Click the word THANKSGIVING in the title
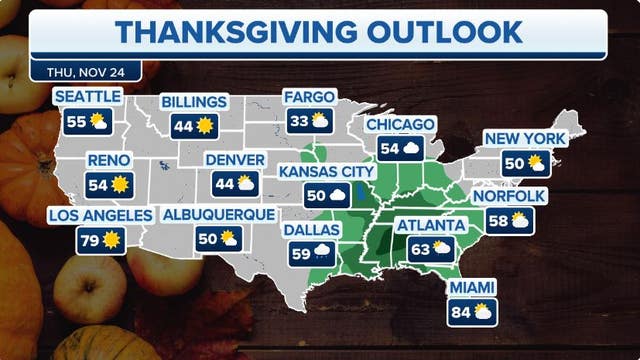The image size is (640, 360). tap(220, 32)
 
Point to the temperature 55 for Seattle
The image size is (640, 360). tap(76, 122)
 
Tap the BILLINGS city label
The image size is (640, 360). tap(194, 102)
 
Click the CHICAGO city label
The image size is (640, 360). tap(400, 125)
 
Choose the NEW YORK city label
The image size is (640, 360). tap(524, 138)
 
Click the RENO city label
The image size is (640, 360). tap(104, 159)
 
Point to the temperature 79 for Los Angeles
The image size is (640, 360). tap(88, 241)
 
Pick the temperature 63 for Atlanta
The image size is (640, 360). tap(416, 250)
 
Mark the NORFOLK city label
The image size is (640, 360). tap(512, 197)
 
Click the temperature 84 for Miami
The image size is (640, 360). tap(460, 313)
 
